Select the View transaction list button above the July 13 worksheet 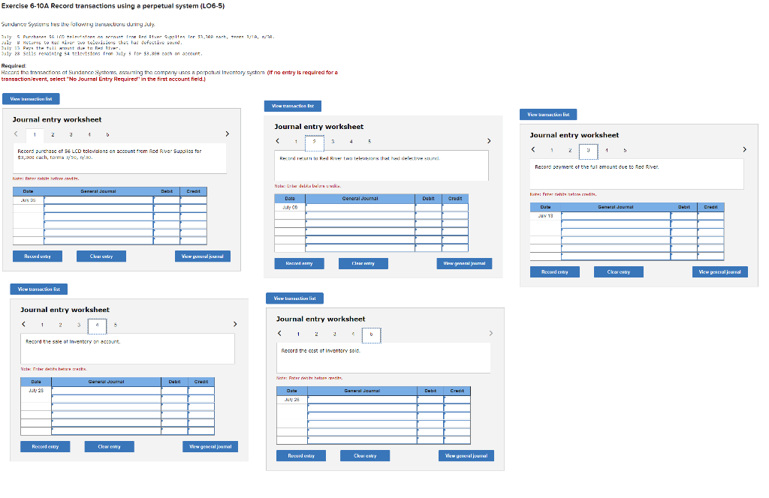click(x=548, y=114)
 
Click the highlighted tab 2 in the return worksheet click(x=314, y=141)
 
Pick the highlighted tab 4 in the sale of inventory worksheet click(x=97, y=325)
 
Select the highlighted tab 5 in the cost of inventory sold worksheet click(x=370, y=334)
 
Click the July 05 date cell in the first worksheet click(x=28, y=200)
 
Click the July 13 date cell click(x=546, y=214)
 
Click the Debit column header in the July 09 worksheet click(x=428, y=199)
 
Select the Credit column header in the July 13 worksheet click(x=710, y=206)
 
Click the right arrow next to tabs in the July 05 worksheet click(x=228, y=134)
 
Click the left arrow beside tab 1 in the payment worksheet click(x=533, y=149)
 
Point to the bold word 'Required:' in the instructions click(x=16, y=65)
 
